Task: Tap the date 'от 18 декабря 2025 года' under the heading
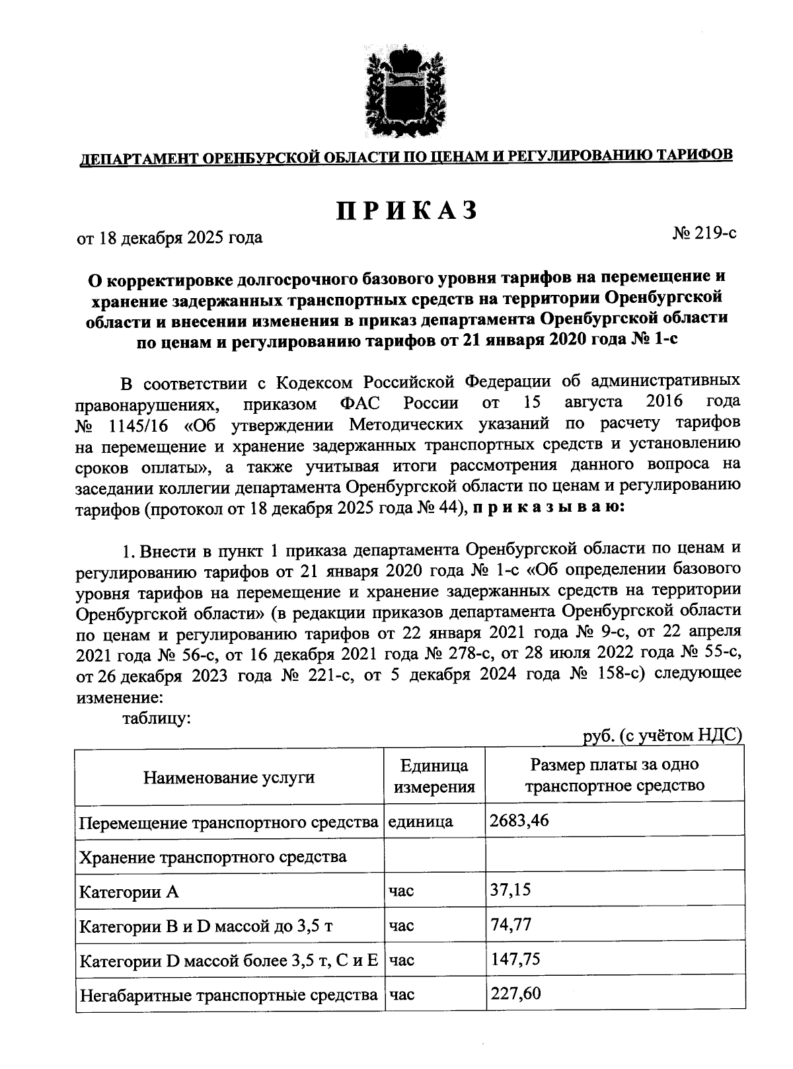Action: (170, 237)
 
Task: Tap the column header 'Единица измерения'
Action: (434, 777)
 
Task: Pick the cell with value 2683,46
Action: (519, 821)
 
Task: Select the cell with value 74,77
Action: (510, 924)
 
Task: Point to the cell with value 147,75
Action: (515, 959)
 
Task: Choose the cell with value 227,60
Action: (515, 993)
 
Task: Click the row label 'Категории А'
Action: (129, 892)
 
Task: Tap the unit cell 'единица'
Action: (420, 822)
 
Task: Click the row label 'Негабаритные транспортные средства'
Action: (228, 994)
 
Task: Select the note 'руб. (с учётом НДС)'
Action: (663, 736)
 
